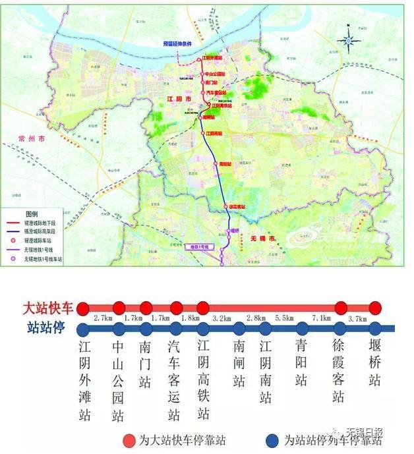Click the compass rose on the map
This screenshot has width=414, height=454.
tap(349, 40)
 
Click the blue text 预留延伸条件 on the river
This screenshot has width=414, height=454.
tap(177, 43)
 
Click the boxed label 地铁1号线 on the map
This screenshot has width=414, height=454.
tap(199, 245)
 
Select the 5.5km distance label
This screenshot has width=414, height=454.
tap(284, 318)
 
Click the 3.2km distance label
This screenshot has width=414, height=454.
tap(222, 318)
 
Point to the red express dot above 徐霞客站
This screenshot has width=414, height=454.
tap(341, 308)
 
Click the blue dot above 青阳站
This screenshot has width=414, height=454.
tap(302, 328)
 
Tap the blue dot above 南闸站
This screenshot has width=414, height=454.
tap(239, 328)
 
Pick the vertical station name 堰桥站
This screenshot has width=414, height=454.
tap(374, 362)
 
